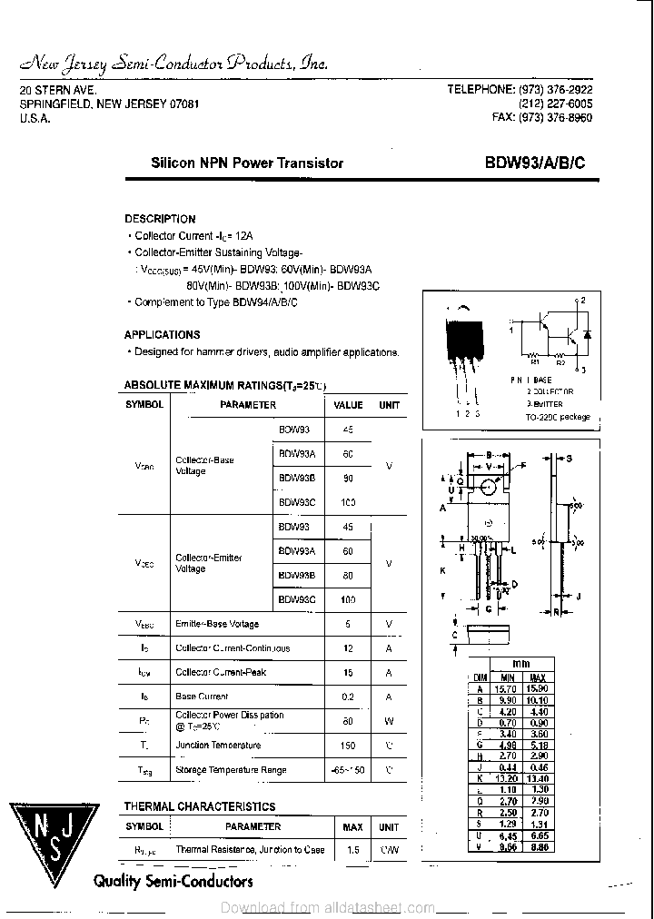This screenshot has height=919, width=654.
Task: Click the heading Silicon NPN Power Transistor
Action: [x=246, y=163]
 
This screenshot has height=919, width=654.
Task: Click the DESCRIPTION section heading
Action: [x=160, y=219]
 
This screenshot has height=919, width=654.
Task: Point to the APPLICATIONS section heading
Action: [x=162, y=334]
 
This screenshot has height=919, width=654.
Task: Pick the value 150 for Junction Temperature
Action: [x=347, y=746]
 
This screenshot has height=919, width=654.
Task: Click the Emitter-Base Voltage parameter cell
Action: [x=217, y=624]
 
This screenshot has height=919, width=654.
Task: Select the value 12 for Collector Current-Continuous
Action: [x=347, y=648]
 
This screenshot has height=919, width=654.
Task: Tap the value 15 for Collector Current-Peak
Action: [x=347, y=673]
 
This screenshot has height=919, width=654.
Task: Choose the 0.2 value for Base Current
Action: [x=347, y=697]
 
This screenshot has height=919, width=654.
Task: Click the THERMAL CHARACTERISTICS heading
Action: [x=199, y=806]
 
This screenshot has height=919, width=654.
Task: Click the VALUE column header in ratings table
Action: [x=348, y=405]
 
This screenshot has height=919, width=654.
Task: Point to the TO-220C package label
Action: [x=558, y=417]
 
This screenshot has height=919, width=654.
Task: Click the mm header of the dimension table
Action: [x=520, y=664]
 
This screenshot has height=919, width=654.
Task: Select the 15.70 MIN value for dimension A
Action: [x=505, y=689]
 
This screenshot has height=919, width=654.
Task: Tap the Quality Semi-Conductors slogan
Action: [x=173, y=881]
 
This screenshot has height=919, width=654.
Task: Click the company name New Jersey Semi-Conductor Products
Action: [x=173, y=64]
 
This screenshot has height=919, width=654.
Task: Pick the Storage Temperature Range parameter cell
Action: [x=231, y=770]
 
